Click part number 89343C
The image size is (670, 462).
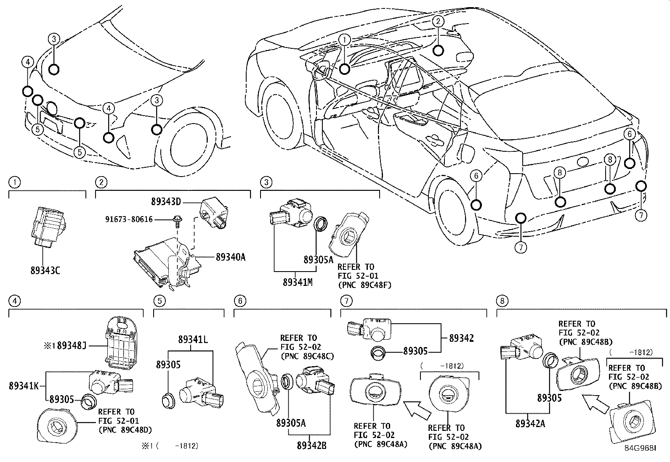pyautogui.click(x=45, y=270)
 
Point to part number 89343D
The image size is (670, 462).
pyautogui.click(x=166, y=202)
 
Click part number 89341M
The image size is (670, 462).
pyautogui.click(x=298, y=282)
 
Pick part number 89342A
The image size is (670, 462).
pyautogui.click(x=530, y=424)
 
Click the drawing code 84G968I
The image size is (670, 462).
pyautogui.click(x=640, y=449)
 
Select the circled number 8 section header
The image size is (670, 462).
pyautogui.click(x=502, y=301)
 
